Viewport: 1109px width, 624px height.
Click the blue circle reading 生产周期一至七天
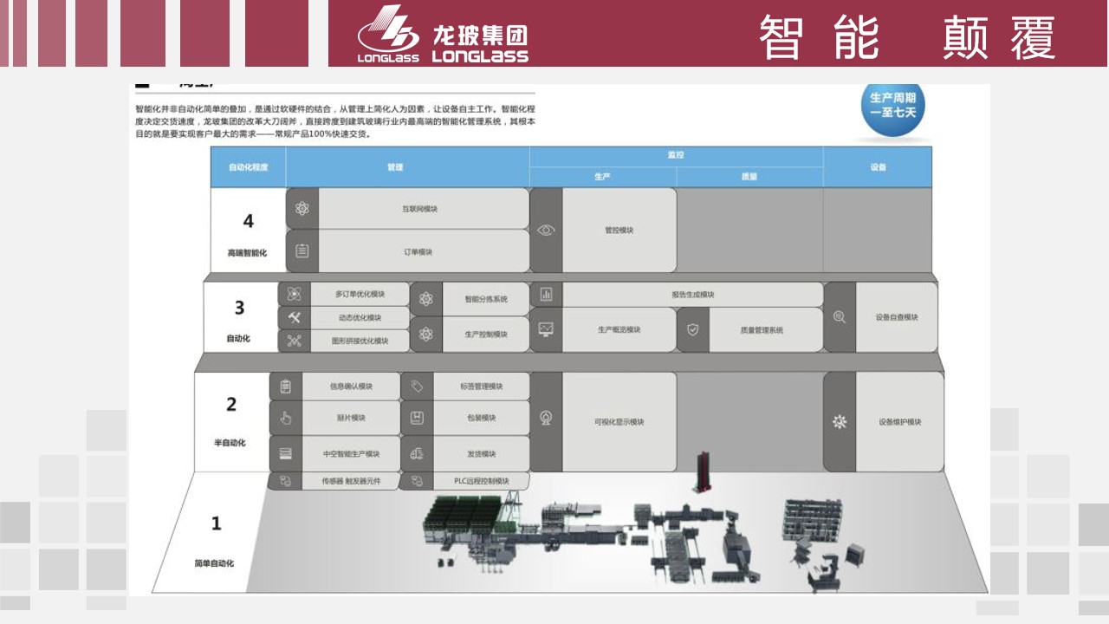point(892,109)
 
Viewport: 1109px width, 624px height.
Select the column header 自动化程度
point(248,167)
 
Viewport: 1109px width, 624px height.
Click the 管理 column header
point(396,167)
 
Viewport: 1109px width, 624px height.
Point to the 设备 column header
point(878,167)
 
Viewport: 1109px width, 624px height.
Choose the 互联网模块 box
point(421,209)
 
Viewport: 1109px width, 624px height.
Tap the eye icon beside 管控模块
point(546,231)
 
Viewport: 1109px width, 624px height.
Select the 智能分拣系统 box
point(486,299)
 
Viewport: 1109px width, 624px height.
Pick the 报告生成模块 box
point(692,295)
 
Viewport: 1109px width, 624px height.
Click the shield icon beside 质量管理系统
point(692,329)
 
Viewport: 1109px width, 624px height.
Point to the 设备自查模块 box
point(896,317)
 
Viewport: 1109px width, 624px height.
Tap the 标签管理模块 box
point(481,387)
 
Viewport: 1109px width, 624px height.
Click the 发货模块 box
point(481,454)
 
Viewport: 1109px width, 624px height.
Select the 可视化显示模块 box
point(619,422)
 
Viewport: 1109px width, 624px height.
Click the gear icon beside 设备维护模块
point(839,422)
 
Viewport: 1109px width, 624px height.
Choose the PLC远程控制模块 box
point(481,481)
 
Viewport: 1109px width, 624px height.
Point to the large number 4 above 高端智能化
point(248,221)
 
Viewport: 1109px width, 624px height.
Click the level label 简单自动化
point(215,563)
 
